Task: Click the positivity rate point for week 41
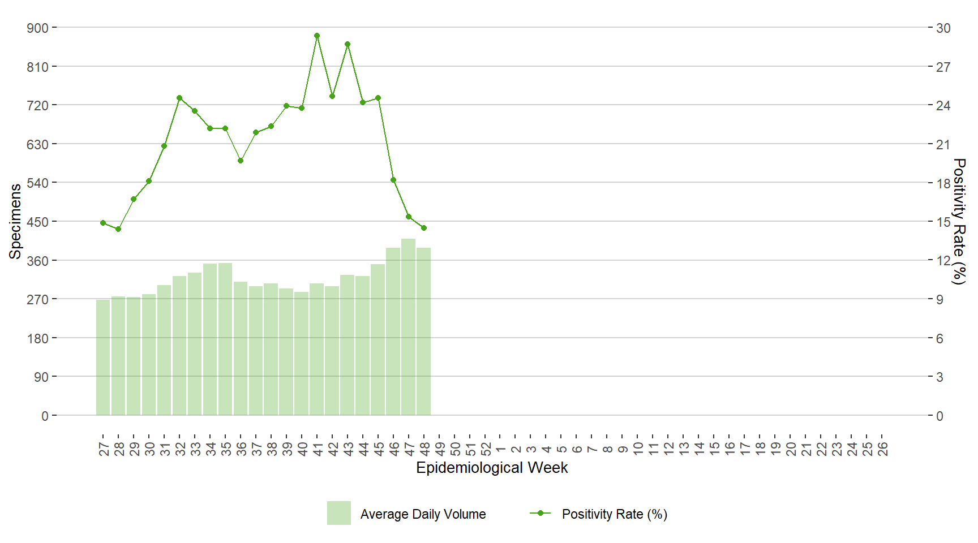pyautogui.click(x=317, y=36)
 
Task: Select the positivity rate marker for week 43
pyautogui.click(x=348, y=44)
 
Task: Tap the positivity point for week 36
pyautogui.click(x=241, y=161)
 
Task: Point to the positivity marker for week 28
pyautogui.click(x=118, y=229)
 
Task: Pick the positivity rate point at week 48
pyautogui.click(x=424, y=228)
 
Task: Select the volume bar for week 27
pyautogui.click(x=103, y=357)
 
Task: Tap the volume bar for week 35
pyautogui.click(x=225, y=339)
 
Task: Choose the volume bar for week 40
pyautogui.click(x=302, y=354)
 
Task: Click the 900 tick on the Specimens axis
pyautogui.click(x=38, y=28)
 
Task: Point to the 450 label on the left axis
pyautogui.click(x=38, y=222)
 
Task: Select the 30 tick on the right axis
pyautogui.click(x=943, y=28)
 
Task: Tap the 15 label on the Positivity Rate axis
pyautogui.click(x=943, y=222)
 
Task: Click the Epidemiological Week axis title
pyautogui.click(x=492, y=468)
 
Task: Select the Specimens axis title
pyautogui.click(x=15, y=221)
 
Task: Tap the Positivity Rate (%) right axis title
pyautogui.click(x=958, y=221)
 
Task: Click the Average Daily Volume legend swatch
pyautogui.click(x=338, y=513)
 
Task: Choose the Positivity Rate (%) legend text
pyautogui.click(x=615, y=514)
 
